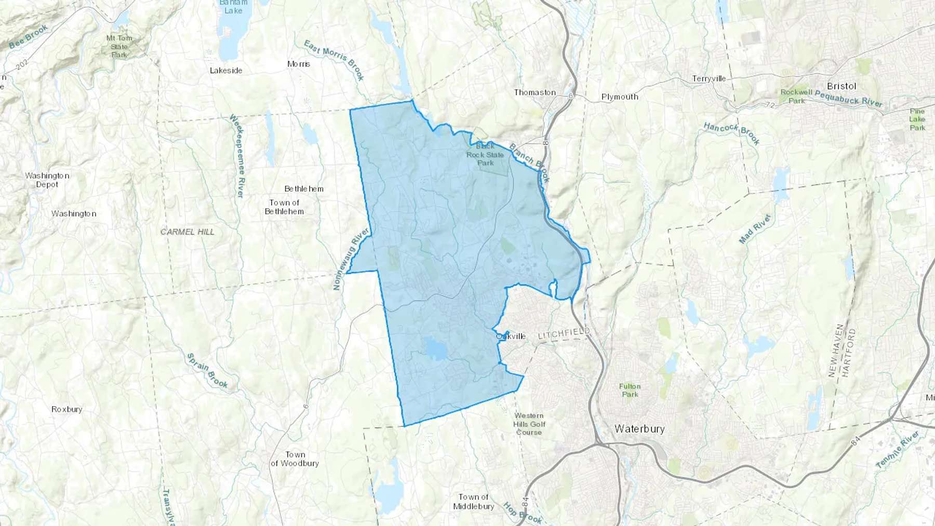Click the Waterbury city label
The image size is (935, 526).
click(639, 429)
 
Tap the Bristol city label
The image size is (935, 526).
click(841, 86)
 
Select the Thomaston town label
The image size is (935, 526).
click(535, 92)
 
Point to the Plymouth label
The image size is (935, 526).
click(619, 97)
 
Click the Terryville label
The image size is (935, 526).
click(709, 79)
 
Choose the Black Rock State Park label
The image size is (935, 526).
click(485, 155)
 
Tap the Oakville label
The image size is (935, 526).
click(511, 336)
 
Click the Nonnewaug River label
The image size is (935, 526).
click(351, 258)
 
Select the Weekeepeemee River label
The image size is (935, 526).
click(237, 156)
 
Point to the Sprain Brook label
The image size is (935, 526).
click(207, 371)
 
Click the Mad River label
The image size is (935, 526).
click(754, 228)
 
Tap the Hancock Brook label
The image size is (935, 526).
click(731, 133)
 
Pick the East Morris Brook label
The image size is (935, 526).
click(334, 60)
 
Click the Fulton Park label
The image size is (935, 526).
click(630, 390)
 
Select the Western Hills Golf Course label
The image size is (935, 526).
click(529, 424)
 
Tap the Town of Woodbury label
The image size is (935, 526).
click(295, 459)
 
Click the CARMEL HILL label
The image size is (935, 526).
click(187, 232)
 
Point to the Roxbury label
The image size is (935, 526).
click(66, 409)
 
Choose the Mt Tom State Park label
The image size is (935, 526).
click(119, 46)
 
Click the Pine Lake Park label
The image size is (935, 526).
click(917, 119)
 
